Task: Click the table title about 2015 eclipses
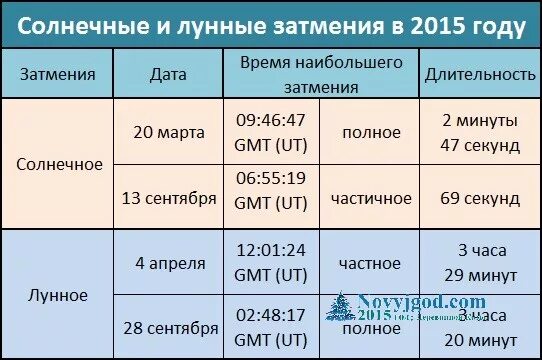(271, 25)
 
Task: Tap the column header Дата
(168, 74)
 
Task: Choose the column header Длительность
(474, 74)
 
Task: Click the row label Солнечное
(60, 164)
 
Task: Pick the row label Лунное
(60, 295)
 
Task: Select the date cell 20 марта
(168, 132)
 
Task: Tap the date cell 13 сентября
(168, 198)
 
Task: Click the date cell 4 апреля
(168, 263)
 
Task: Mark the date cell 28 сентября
(168, 329)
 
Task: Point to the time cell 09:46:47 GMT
(270, 132)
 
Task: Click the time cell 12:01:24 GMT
(270, 263)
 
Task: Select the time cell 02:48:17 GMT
(270, 329)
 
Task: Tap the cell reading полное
(370, 132)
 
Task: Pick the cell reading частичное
(370, 198)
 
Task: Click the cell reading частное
(370, 263)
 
